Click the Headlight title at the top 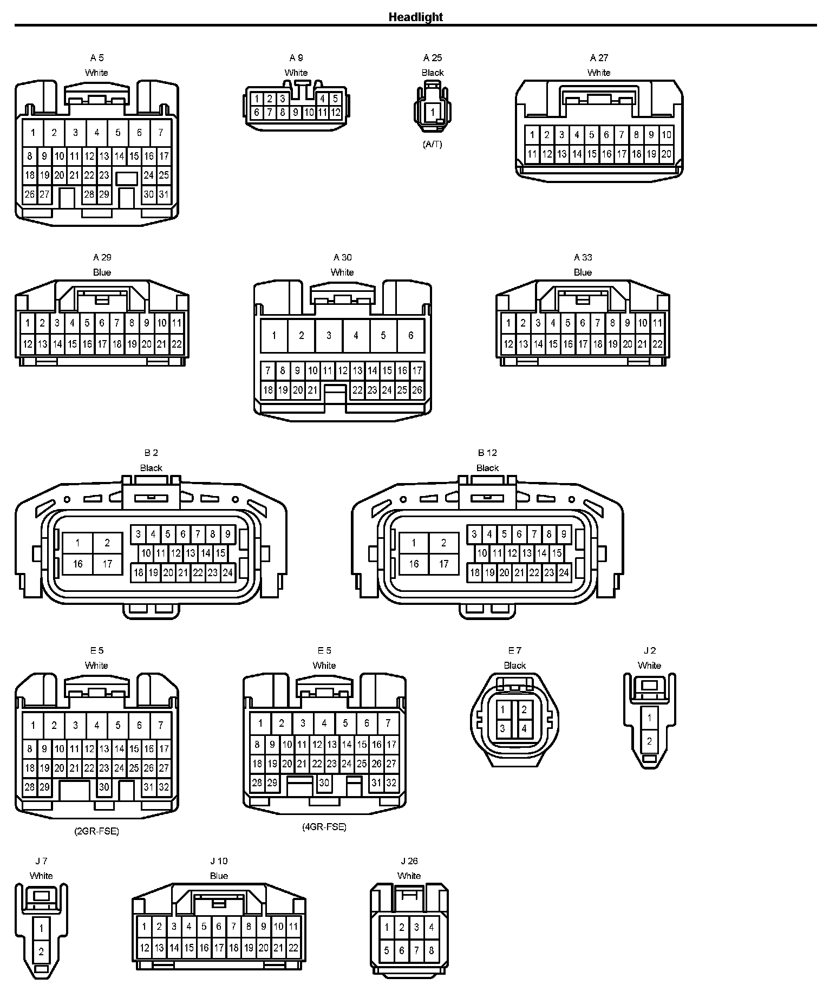click(415, 17)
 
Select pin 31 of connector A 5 click(164, 194)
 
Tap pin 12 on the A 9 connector click(336, 113)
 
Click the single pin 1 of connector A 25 click(432, 113)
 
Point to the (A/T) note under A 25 click(432, 144)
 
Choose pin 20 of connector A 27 click(666, 154)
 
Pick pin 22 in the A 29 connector click(177, 344)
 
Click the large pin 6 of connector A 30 click(410, 335)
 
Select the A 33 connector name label click(583, 257)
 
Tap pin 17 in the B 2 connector click(107, 564)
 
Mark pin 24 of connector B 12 click(564, 572)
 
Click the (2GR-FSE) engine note click(96, 831)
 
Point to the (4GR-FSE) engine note click(324, 827)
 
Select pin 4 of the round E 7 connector click(524, 728)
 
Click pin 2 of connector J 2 click(649, 741)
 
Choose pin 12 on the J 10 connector click(144, 948)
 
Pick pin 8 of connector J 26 click(431, 950)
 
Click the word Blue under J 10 click(219, 876)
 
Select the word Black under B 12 click(487, 468)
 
